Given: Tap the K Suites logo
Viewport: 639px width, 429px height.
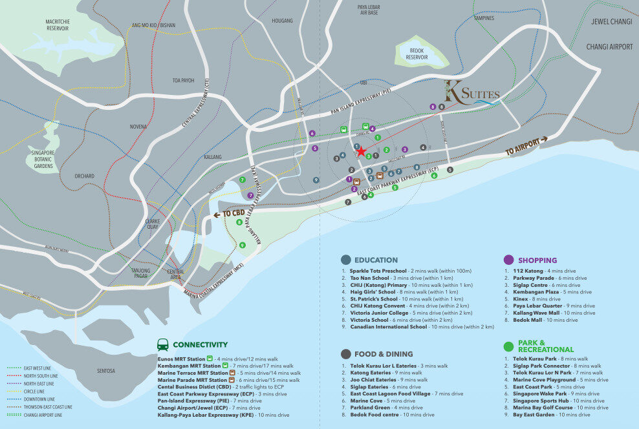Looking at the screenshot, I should (x=471, y=93).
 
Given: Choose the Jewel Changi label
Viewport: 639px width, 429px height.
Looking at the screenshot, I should (x=611, y=21).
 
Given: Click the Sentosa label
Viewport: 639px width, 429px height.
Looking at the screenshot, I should (x=106, y=371).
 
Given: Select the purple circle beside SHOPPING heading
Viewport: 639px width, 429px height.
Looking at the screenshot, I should (x=508, y=259).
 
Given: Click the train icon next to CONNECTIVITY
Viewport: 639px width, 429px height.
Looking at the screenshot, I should (x=163, y=344).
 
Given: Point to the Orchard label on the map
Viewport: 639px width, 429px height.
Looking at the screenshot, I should (x=84, y=176).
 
